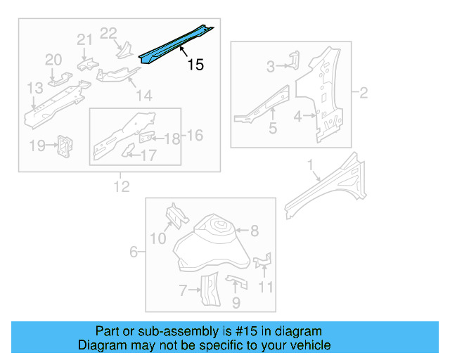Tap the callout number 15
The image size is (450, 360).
195,65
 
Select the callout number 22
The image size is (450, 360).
108,32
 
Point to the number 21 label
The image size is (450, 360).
84,40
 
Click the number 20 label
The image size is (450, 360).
54,60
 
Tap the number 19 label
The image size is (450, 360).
37,146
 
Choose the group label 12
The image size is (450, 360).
122,186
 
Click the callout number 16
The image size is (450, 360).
194,134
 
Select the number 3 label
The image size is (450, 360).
271,67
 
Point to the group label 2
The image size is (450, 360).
364,92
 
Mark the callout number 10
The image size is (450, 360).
158,240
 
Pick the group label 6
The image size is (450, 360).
134,251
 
